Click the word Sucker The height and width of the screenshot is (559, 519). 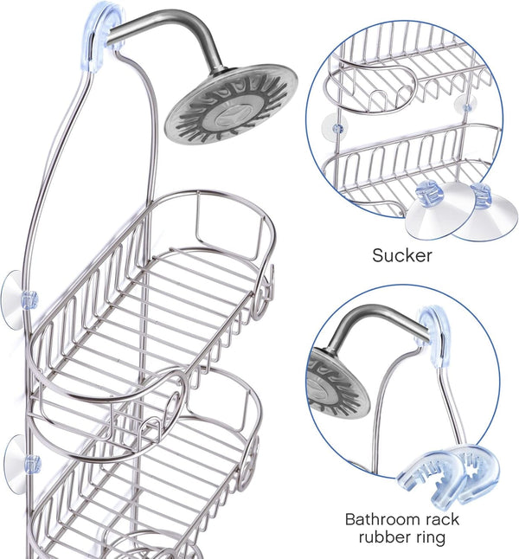(402, 255)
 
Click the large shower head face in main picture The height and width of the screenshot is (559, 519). (231, 104)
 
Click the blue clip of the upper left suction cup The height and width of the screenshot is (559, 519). (29, 299)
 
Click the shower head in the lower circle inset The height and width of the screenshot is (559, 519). (336, 384)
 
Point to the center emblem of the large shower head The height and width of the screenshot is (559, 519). (232, 113)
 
